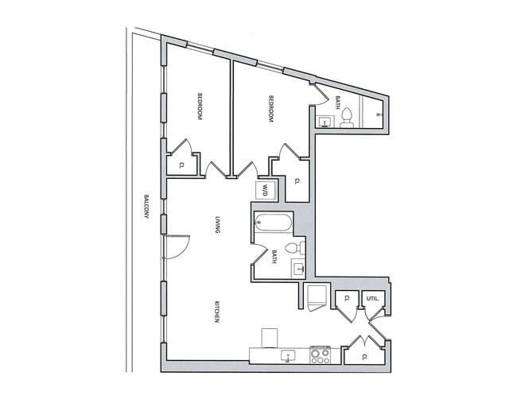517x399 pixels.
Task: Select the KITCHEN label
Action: [x=216, y=311]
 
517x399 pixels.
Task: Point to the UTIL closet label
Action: [x=371, y=300]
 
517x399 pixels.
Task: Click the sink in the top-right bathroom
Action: [x=325, y=122]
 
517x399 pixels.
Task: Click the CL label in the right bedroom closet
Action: [x=297, y=181]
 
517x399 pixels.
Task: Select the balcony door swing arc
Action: [x=179, y=246]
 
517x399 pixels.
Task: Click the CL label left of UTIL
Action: [x=347, y=300]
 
